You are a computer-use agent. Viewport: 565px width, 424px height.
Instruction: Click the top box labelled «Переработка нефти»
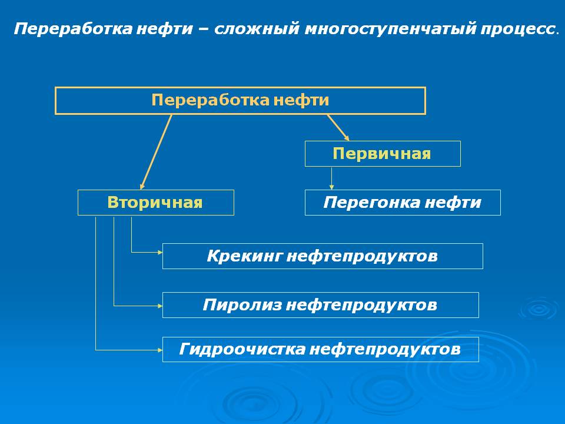240,100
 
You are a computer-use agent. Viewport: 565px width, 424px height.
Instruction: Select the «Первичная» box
382,154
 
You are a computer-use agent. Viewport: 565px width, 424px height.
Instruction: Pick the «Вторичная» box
155,203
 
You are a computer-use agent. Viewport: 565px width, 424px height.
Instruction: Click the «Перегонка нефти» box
403,203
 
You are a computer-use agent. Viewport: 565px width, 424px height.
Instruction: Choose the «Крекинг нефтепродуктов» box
323,256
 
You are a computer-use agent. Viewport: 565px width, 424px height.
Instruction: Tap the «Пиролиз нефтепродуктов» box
320,305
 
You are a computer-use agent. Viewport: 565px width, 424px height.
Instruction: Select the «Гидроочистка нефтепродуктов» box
320,349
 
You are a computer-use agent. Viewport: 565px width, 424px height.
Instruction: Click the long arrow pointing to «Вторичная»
156,151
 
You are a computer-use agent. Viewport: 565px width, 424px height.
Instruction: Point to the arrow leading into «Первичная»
338,126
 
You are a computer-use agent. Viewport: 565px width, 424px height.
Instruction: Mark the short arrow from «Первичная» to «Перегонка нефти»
331,178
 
